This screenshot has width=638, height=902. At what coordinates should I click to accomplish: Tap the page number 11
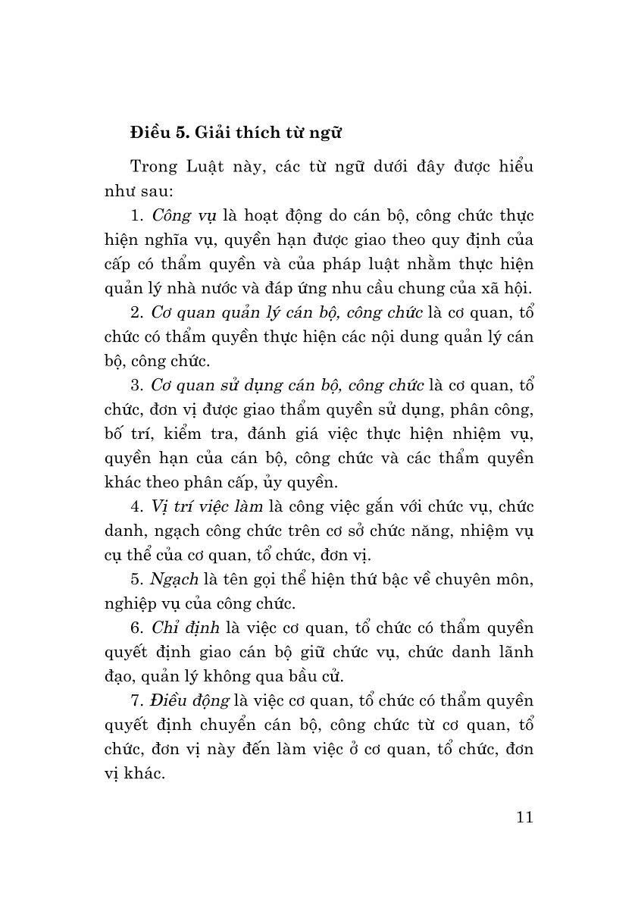pos(524,817)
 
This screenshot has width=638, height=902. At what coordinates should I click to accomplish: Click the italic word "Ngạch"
pos(175,579)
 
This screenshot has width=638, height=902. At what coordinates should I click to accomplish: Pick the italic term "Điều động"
pos(189,700)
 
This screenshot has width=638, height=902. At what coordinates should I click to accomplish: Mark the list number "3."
pos(137,385)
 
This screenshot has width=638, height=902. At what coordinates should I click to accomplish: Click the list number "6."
pos(137,628)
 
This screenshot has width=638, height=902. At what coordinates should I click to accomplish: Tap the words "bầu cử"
pos(327,676)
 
